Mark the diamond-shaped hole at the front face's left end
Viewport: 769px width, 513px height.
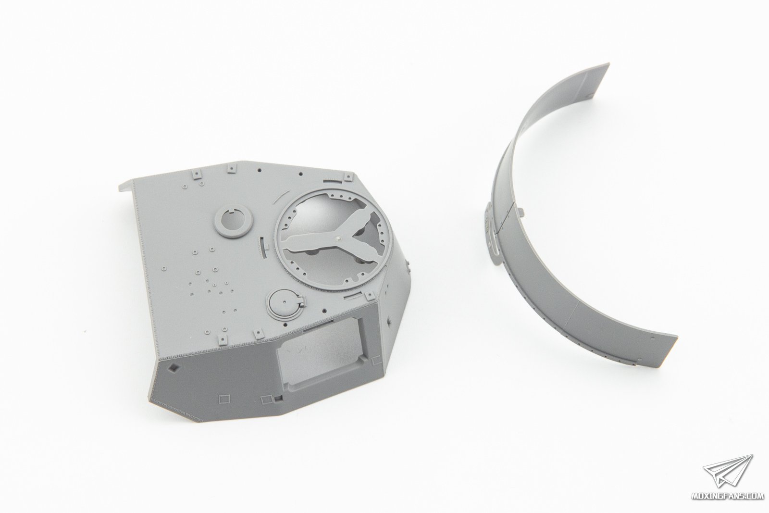click(174, 368)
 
